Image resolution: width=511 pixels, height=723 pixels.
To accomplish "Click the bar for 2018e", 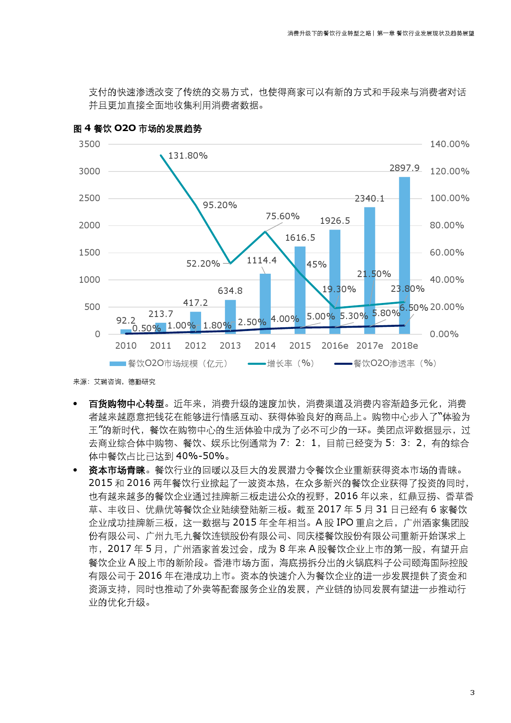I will pyautogui.click(x=404, y=256).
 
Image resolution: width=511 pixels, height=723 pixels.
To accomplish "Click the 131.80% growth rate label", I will pyautogui.click(x=188, y=156).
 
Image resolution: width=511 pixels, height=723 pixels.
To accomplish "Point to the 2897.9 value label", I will pyautogui.click(x=404, y=168).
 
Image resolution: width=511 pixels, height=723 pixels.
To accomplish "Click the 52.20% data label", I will pyautogui.click(x=203, y=264).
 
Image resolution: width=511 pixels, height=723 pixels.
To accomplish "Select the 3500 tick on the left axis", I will pyautogui.click(x=89, y=144).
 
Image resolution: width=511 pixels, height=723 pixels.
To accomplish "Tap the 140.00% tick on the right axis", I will pyautogui.click(x=450, y=144).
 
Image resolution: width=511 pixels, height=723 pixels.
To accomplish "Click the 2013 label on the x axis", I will pyautogui.click(x=230, y=346).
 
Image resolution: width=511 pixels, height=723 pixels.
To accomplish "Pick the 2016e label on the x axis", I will pyautogui.click(x=335, y=346).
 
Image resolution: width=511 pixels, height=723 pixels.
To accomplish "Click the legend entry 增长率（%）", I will pyautogui.click(x=282, y=364).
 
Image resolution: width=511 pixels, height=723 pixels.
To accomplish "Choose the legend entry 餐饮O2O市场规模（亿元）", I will pyautogui.click(x=169, y=364).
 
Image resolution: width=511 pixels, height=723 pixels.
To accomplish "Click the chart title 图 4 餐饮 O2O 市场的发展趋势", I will pyautogui.click(x=138, y=129).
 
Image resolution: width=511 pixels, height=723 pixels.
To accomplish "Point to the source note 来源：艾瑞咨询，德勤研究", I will pyautogui.click(x=115, y=382).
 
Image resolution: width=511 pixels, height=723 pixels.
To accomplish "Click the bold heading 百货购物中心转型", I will pyautogui.click(x=127, y=404).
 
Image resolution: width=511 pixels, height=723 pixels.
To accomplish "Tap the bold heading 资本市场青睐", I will pyautogui.click(x=117, y=470).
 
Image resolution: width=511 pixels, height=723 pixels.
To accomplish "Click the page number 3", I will pyautogui.click(x=472, y=692).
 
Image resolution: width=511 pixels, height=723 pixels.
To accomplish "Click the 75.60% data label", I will pyautogui.click(x=282, y=216).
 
